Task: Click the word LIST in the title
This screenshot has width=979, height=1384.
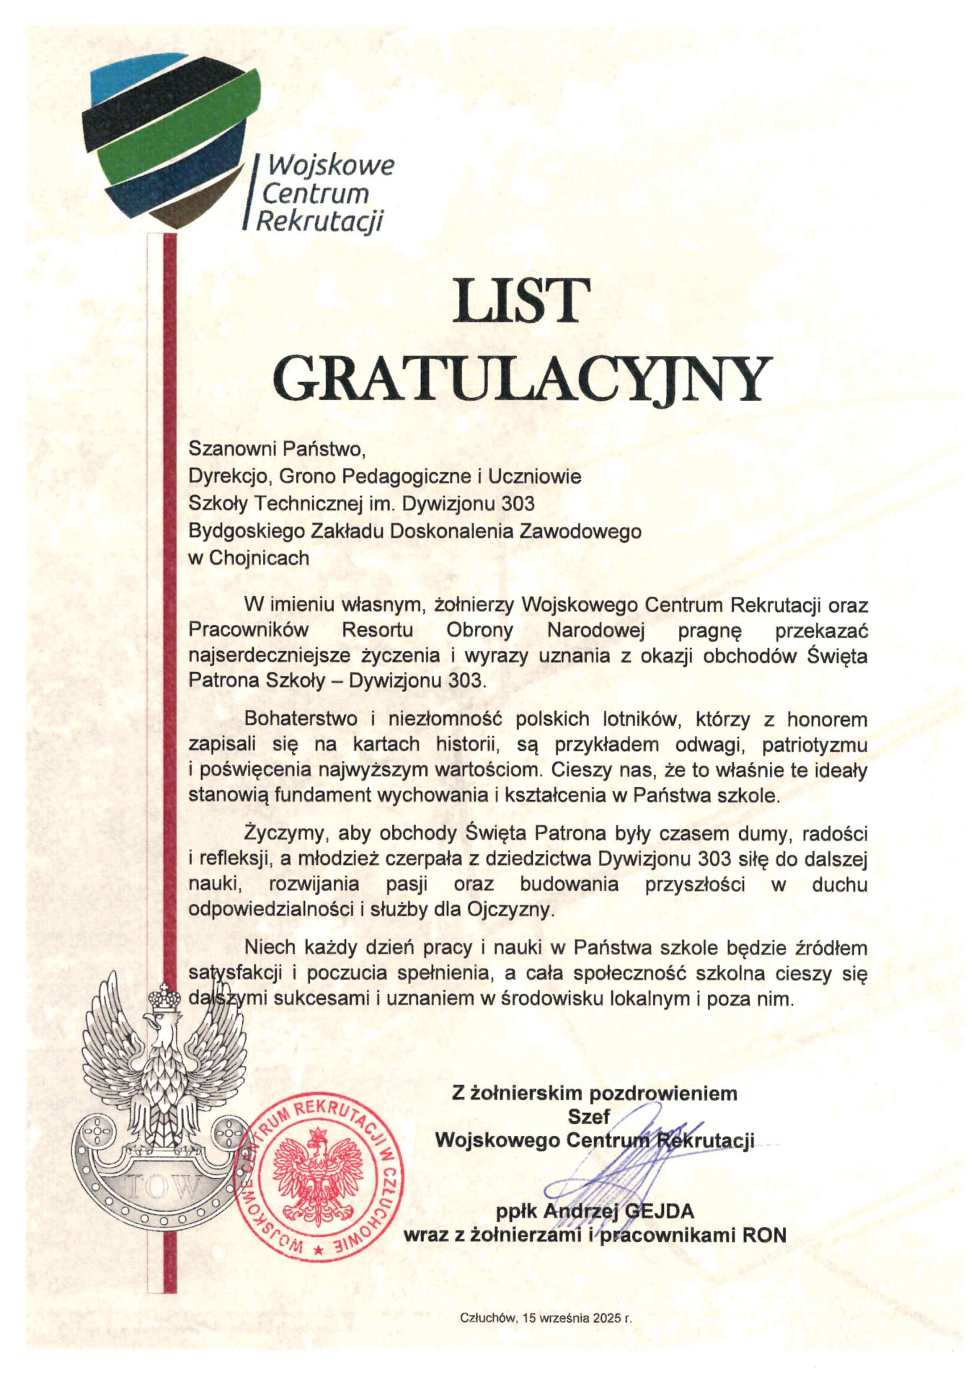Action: (520, 301)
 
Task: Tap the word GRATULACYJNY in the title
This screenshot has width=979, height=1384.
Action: (523, 378)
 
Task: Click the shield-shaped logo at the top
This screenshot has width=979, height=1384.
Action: (172, 141)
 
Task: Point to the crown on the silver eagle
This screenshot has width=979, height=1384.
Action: (165, 998)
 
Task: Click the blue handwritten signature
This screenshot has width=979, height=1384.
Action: (620, 1168)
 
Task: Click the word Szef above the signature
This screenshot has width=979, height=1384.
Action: (588, 1116)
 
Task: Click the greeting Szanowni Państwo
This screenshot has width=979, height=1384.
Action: (278, 448)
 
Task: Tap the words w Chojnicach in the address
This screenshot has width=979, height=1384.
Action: (249, 558)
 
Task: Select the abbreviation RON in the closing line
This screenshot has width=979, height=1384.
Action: (764, 1235)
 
